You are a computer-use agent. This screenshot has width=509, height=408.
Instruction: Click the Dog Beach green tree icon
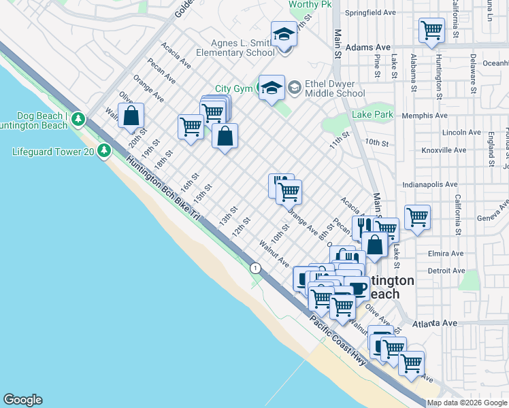(79, 120)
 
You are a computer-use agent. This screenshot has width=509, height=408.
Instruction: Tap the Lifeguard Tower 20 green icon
(104, 150)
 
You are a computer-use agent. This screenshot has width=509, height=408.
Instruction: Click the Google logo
(22, 400)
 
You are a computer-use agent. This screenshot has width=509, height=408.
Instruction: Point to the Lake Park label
(372, 115)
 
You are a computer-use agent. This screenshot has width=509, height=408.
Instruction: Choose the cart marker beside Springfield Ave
(431, 31)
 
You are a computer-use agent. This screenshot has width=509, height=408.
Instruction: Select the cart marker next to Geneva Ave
(416, 218)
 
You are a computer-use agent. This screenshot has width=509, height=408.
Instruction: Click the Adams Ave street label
(368, 48)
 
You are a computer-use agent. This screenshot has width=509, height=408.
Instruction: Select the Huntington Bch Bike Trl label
(161, 187)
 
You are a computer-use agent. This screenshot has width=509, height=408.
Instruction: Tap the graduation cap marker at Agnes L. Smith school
(284, 33)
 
